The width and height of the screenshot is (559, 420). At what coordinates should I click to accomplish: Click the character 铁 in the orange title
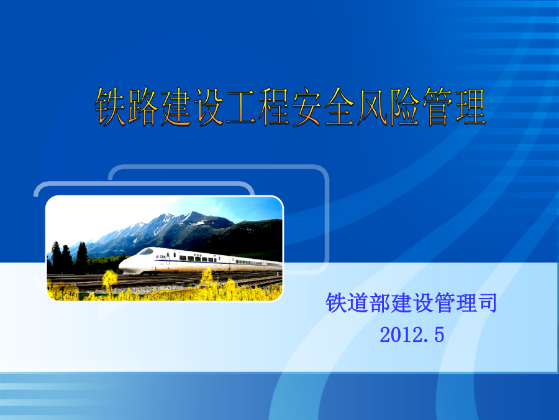110,107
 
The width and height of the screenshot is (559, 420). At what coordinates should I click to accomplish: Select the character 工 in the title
241,107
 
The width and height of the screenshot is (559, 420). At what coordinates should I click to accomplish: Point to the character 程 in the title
274,107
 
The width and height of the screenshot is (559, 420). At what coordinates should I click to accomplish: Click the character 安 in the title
306,107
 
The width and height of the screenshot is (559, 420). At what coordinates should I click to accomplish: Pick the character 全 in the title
339,107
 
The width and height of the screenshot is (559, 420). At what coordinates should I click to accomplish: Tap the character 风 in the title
372,107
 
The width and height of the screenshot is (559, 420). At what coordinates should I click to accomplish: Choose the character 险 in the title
404,107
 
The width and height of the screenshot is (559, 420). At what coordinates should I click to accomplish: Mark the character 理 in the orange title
470,107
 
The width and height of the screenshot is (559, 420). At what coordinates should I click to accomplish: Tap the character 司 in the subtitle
487,303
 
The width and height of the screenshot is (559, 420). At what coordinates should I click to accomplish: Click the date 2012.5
412,335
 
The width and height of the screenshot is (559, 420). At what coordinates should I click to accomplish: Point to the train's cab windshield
146,251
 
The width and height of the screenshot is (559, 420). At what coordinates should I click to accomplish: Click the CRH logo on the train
161,257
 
